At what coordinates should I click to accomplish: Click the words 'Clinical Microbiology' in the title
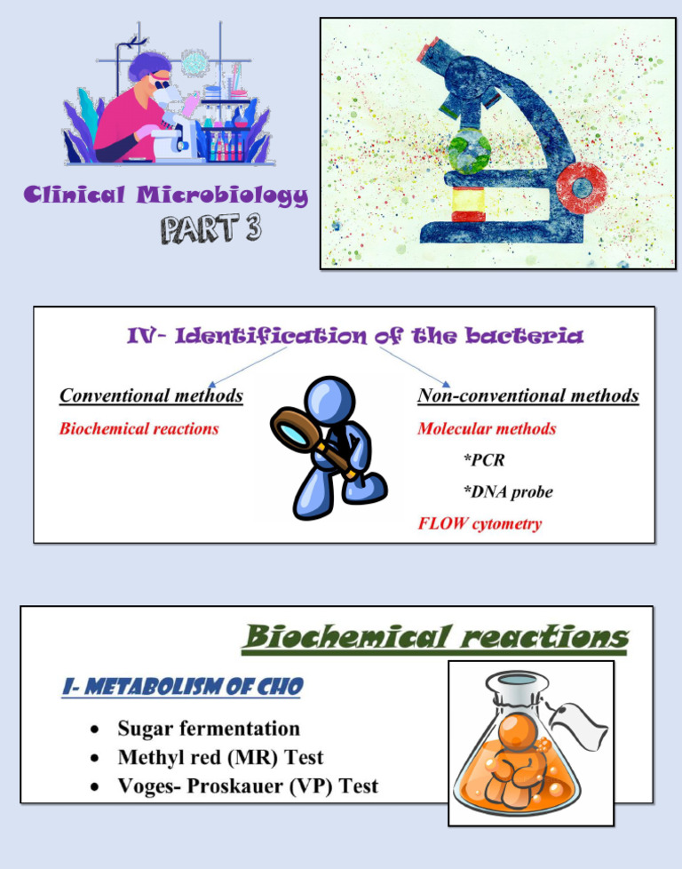pos(167,195)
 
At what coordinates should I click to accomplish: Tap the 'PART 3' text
pos(210,229)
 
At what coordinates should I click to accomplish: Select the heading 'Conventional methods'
pos(151,395)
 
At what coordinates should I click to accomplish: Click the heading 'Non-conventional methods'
pos(528,395)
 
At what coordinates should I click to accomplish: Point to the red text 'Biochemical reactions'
pos(139,428)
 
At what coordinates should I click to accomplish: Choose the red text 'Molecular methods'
pos(487,428)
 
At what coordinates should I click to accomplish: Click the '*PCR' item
pos(484,460)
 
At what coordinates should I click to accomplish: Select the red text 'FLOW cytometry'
pos(480,523)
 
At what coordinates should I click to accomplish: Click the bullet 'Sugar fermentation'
pos(209,729)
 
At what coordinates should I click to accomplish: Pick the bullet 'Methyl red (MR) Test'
pos(220,758)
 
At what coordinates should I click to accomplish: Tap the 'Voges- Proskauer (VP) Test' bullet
pos(248,786)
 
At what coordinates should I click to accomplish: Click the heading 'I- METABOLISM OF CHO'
pos(183,687)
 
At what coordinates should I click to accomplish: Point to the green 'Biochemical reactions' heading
pos(435,636)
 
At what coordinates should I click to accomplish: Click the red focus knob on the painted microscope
pos(583,187)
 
